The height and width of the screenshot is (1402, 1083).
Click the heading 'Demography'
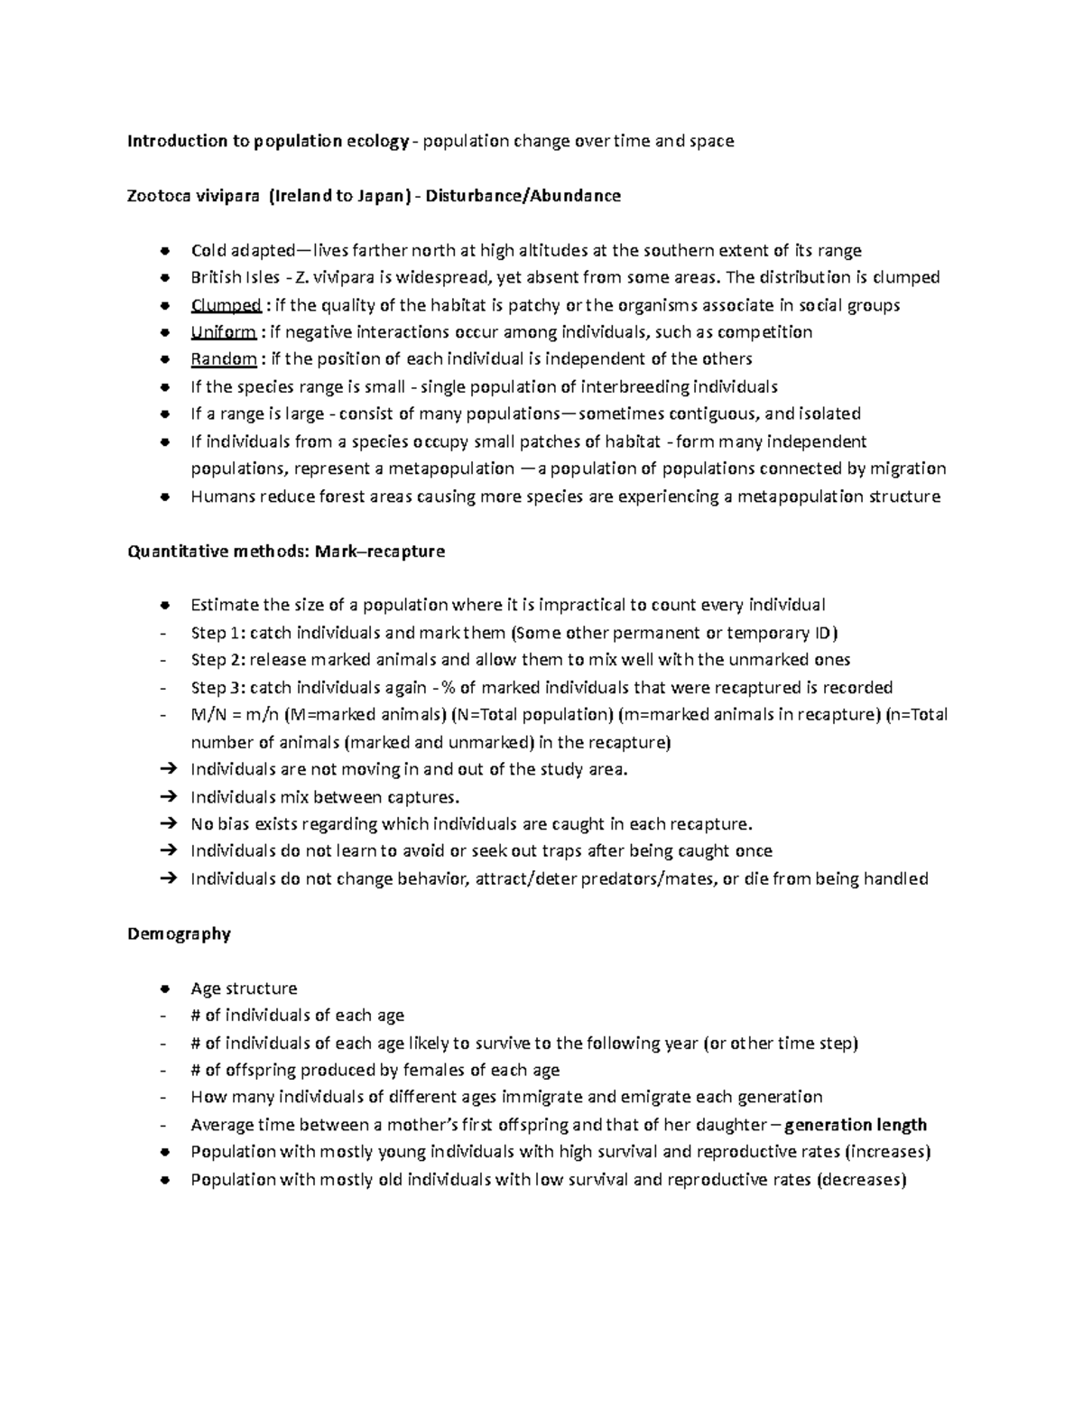point(179,933)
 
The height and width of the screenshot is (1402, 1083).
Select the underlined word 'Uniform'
point(223,332)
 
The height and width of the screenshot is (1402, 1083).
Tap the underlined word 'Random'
point(224,359)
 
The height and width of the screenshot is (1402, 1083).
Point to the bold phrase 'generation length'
point(856,1125)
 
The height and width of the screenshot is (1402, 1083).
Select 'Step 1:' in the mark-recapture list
point(218,633)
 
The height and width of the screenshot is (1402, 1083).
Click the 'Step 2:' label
point(218,660)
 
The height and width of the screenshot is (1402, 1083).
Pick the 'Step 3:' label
point(218,688)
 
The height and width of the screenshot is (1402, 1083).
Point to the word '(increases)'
point(888,1152)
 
